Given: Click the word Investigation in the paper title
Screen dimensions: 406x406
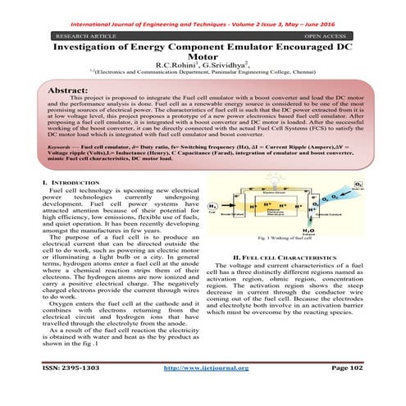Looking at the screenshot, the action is pos(91,48).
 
